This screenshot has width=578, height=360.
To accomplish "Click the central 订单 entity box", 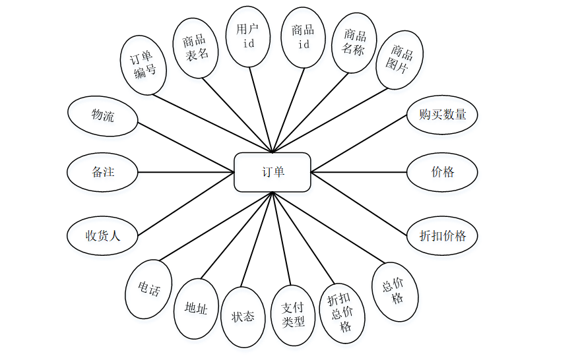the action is (273, 173).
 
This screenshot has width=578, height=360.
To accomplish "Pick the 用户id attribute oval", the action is (249, 36).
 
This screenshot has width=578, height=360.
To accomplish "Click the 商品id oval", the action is (304, 37).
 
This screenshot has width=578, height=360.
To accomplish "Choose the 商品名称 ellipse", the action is (354, 42).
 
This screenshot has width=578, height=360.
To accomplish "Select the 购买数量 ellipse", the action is (441, 115).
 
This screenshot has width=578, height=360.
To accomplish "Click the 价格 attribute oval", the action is (441, 173).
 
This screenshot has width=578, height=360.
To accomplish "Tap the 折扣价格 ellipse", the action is (441, 235).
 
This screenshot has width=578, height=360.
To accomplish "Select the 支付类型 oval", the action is (293, 315).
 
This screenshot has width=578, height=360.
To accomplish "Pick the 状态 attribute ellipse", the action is (243, 316).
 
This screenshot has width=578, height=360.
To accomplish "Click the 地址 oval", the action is (196, 308).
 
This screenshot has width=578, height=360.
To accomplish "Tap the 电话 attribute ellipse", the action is (148, 289).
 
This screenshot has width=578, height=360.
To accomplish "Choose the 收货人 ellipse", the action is (102, 235).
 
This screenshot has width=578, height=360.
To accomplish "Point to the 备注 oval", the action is (102, 173).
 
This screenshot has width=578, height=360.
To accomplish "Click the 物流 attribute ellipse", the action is (102, 116).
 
